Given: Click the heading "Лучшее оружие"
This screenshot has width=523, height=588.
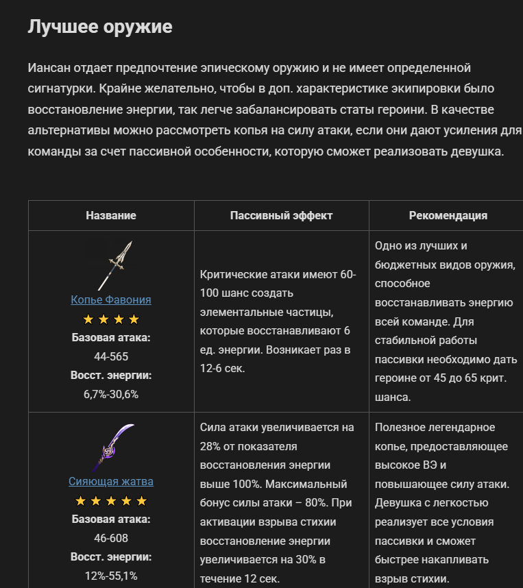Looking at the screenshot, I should coord(100,27).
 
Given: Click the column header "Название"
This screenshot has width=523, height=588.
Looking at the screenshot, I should coord(111,215).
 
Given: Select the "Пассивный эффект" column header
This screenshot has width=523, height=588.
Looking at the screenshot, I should coord(281,215).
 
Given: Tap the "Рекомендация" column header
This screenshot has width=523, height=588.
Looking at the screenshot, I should coord(448,215).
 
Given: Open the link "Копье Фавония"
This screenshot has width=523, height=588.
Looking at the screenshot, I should coord(111,300).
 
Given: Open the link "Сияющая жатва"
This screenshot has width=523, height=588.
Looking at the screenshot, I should coord(111,482).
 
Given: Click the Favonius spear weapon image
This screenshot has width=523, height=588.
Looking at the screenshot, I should coord(114,265).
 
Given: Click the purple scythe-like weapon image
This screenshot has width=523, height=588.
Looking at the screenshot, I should coord(112,448).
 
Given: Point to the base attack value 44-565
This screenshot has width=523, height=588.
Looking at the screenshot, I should coord(111,356).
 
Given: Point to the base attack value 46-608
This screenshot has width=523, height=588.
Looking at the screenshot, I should coord(111,538).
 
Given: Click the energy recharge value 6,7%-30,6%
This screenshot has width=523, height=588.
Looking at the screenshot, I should coord(111,394).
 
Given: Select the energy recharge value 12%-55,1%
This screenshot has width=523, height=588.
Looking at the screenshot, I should coord(111,576).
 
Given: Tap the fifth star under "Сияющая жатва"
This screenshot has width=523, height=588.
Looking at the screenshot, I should coord(142,501).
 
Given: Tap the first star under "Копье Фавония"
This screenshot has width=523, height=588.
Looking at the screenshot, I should coord(88,319).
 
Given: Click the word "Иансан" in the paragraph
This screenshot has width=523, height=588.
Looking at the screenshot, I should coord(49,68).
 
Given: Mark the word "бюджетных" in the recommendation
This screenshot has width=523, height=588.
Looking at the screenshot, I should coord(406,265).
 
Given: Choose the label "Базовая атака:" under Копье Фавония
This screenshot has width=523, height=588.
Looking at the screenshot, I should coord(111,338).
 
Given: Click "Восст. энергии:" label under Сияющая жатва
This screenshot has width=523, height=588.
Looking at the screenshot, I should coord(111,556).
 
